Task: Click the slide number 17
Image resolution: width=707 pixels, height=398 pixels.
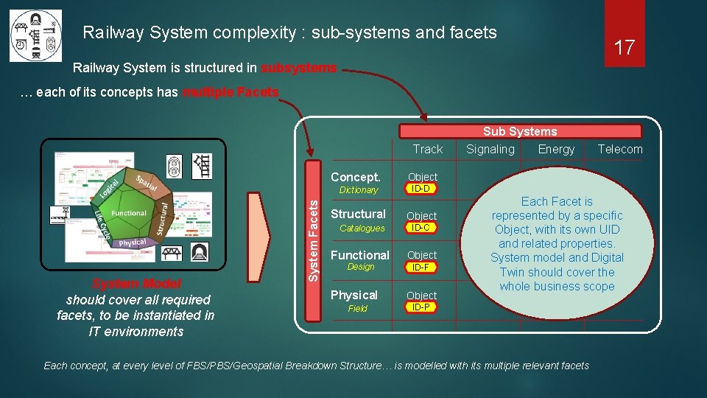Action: [x=624, y=48]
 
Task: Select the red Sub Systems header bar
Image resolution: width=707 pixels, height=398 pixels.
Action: [x=520, y=131]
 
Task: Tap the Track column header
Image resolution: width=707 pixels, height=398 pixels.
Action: [x=428, y=149]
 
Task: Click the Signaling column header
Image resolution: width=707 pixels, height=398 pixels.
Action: [x=490, y=149]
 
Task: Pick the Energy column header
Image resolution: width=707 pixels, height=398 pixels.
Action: [x=556, y=149]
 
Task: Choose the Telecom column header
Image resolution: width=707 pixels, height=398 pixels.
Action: [x=620, y=149]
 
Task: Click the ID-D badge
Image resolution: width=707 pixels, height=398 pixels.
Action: [x=422, y=189]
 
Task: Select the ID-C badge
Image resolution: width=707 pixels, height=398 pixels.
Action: [x=422, y=228]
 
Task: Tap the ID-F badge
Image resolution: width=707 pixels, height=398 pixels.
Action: [x=422, y=267]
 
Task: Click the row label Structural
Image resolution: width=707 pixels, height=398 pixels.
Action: [x=358, y=214]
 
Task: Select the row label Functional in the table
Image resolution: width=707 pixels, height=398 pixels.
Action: [x=359, y=255]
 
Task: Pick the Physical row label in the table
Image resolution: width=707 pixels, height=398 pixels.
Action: [x=354, y=295]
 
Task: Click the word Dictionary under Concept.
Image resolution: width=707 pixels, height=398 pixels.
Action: [x=358, y=190]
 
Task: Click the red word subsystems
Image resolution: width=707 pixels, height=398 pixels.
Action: [x=298, y=68]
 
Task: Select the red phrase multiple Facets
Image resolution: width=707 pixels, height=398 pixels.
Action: [x=230, y=92]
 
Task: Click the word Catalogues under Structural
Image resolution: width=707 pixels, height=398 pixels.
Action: [x=362, y=228]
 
